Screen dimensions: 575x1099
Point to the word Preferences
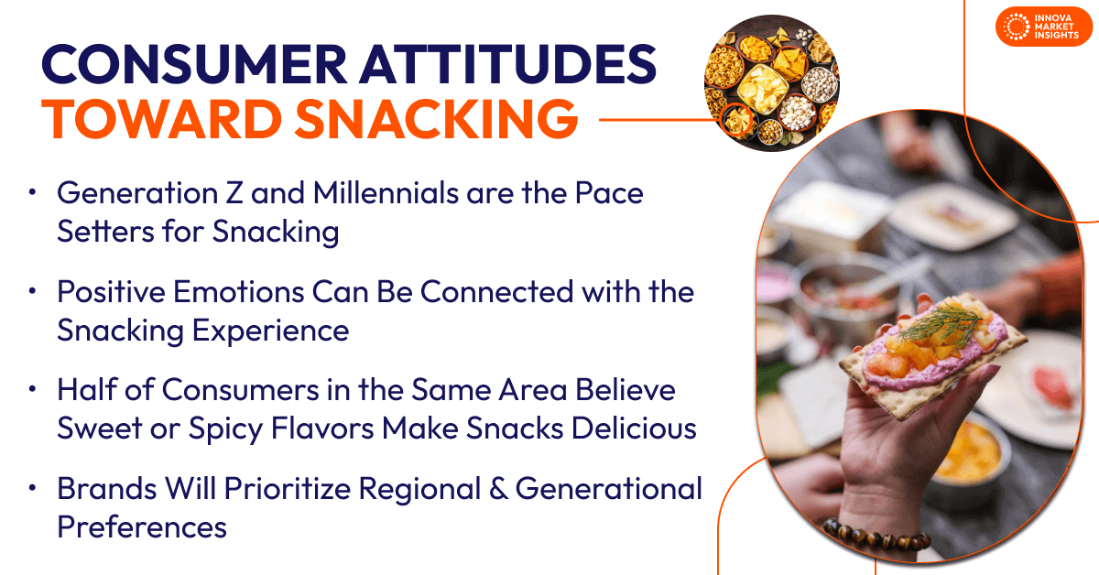pyautogui.click(x=141, y=527)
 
